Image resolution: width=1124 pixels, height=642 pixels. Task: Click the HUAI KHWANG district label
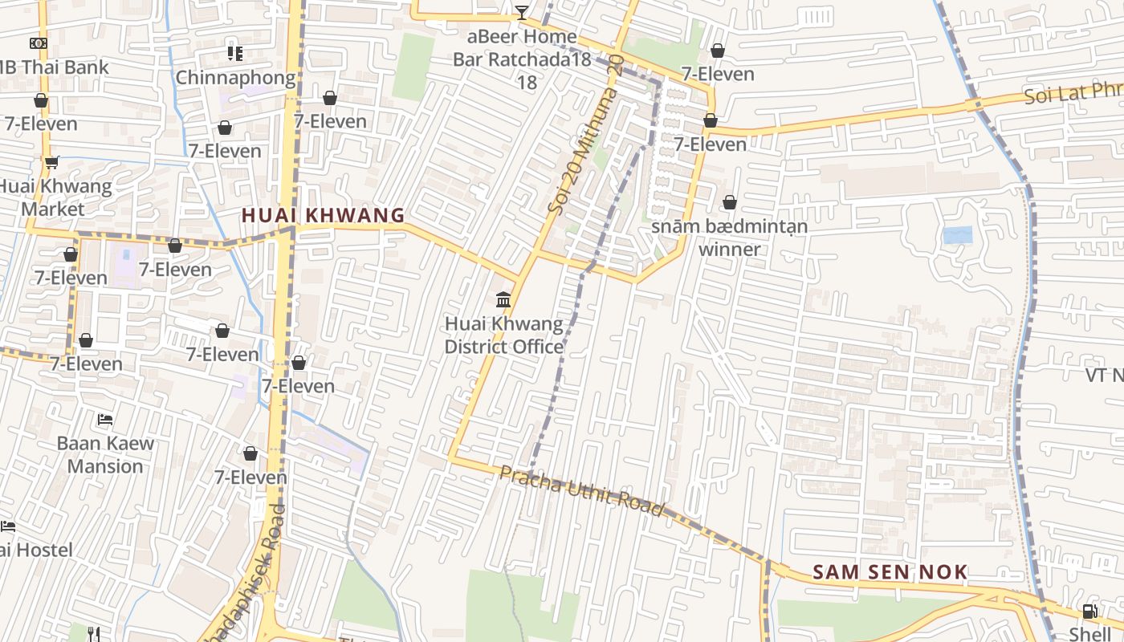point(323,215)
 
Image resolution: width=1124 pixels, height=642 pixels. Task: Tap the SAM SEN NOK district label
point(890,572)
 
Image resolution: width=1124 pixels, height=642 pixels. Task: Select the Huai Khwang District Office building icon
point(503,300)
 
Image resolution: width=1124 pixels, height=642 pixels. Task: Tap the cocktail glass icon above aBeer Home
point(522,12)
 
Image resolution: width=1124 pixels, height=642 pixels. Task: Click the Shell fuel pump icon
point(1089,612)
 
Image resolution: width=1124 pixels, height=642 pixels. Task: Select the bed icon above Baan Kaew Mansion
point(105,420)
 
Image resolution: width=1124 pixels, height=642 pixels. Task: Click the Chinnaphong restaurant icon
point(234,54)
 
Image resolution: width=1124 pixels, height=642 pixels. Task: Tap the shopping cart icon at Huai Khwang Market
point(52,163)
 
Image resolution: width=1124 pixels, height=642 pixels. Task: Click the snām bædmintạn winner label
point(729,238)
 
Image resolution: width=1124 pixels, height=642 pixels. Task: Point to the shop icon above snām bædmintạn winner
point(729,202)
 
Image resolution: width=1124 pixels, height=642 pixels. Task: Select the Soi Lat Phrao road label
point(1072,94)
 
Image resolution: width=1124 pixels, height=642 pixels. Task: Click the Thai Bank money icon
point(39,43)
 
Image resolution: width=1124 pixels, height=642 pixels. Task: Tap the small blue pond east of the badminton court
point(957,235)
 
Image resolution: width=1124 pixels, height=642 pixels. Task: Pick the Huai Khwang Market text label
point(55,197)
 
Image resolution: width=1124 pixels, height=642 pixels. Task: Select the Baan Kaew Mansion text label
point(105,454)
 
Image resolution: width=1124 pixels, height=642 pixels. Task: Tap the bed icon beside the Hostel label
point(7,526)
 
